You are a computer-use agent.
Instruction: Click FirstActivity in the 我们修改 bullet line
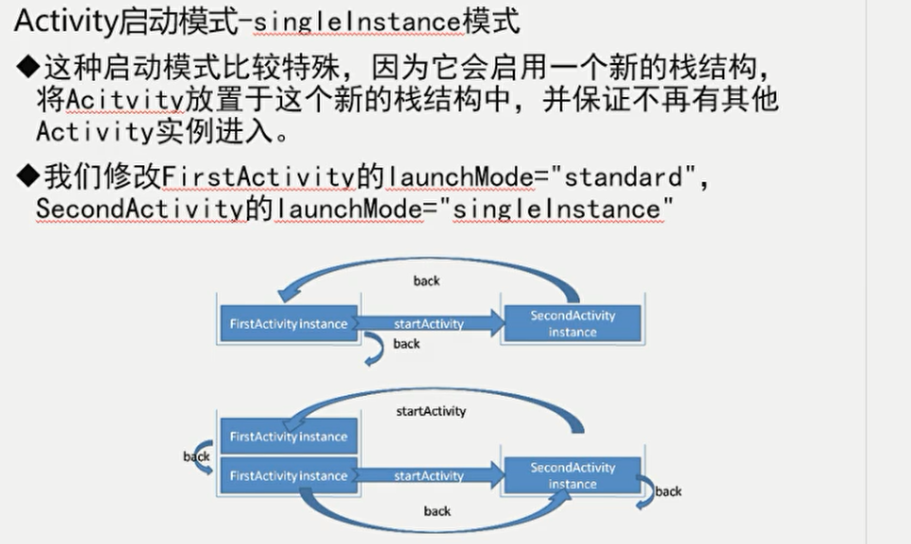[x=257, y=176]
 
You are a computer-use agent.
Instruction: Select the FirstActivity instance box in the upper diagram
[x=288, y=323]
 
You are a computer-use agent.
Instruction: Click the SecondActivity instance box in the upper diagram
[x=572, y=323]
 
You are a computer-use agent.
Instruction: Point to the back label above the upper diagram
[x=426, y=280]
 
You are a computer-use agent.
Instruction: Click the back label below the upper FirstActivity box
[x=406, y=344]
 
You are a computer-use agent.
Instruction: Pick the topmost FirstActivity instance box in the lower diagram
[x=288, y=437]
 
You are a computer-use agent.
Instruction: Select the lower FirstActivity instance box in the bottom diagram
[x=288, y=476]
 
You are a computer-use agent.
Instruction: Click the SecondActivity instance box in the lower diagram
[x=572, y=476]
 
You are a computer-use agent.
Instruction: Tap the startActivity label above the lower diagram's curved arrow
[x=430, y=411]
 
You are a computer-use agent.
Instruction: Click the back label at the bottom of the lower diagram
[x=437, y=511]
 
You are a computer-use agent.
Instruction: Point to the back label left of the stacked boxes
[x=196, y=456]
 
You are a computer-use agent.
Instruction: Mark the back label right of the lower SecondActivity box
[x=669, y=491]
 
